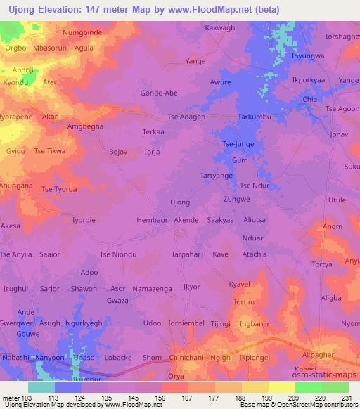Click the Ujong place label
[180, 202]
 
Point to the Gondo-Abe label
[158, 93]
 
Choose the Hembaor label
[151, 220]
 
